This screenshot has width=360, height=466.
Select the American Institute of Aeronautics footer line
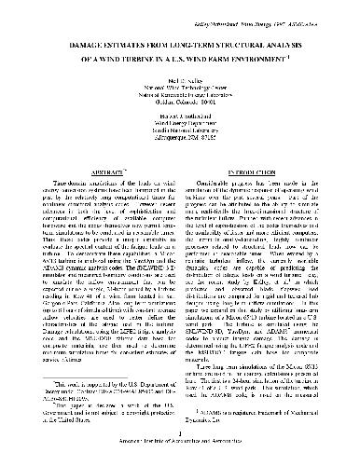click(180, 457)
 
